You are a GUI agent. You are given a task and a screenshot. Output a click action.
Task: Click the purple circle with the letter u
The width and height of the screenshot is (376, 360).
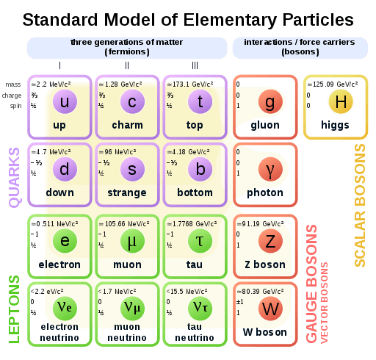(65, 101)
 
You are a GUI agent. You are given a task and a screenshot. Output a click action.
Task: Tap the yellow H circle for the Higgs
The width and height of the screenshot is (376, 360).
(341, 101)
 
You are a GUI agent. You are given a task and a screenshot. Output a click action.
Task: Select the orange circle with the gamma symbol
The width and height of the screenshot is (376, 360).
(270, 169)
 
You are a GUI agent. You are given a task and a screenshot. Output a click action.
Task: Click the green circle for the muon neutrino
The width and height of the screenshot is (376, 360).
(132, 309)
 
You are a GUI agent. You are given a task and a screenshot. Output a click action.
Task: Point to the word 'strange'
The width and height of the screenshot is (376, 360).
(127, 192)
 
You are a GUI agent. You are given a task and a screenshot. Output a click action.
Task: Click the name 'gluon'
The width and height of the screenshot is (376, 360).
(265, 125)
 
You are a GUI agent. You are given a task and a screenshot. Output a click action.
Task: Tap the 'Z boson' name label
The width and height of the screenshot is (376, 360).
(265, 264)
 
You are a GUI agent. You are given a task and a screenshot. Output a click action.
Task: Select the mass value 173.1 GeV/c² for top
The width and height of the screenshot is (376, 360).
(190, 84)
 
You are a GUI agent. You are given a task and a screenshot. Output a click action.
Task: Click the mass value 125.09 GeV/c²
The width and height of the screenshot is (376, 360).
(333, 84)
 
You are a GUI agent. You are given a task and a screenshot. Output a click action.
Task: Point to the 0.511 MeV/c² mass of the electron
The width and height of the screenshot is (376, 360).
(55, 224)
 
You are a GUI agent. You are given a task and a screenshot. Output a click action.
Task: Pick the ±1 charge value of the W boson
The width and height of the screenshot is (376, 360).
(240, 302)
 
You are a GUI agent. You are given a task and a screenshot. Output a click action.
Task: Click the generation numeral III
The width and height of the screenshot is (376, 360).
(195, 65)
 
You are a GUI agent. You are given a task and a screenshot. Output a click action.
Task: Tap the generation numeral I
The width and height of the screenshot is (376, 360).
(59, 65)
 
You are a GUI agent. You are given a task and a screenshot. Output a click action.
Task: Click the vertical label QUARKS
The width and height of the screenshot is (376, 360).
(14, 178)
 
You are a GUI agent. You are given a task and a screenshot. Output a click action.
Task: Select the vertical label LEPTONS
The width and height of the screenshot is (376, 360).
(14, 309)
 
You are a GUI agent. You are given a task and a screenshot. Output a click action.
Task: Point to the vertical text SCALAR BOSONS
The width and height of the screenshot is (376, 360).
(360, 205)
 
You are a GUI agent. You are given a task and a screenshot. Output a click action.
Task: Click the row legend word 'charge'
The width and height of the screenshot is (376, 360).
(12, 96)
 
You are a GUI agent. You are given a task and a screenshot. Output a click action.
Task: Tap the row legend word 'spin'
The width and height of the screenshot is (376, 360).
(15, 106)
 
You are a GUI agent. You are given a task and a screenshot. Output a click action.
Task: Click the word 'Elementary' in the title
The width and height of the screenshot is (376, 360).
(230, 20)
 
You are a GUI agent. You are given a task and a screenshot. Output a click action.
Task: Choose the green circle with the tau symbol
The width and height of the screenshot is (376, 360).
(200, 241)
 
